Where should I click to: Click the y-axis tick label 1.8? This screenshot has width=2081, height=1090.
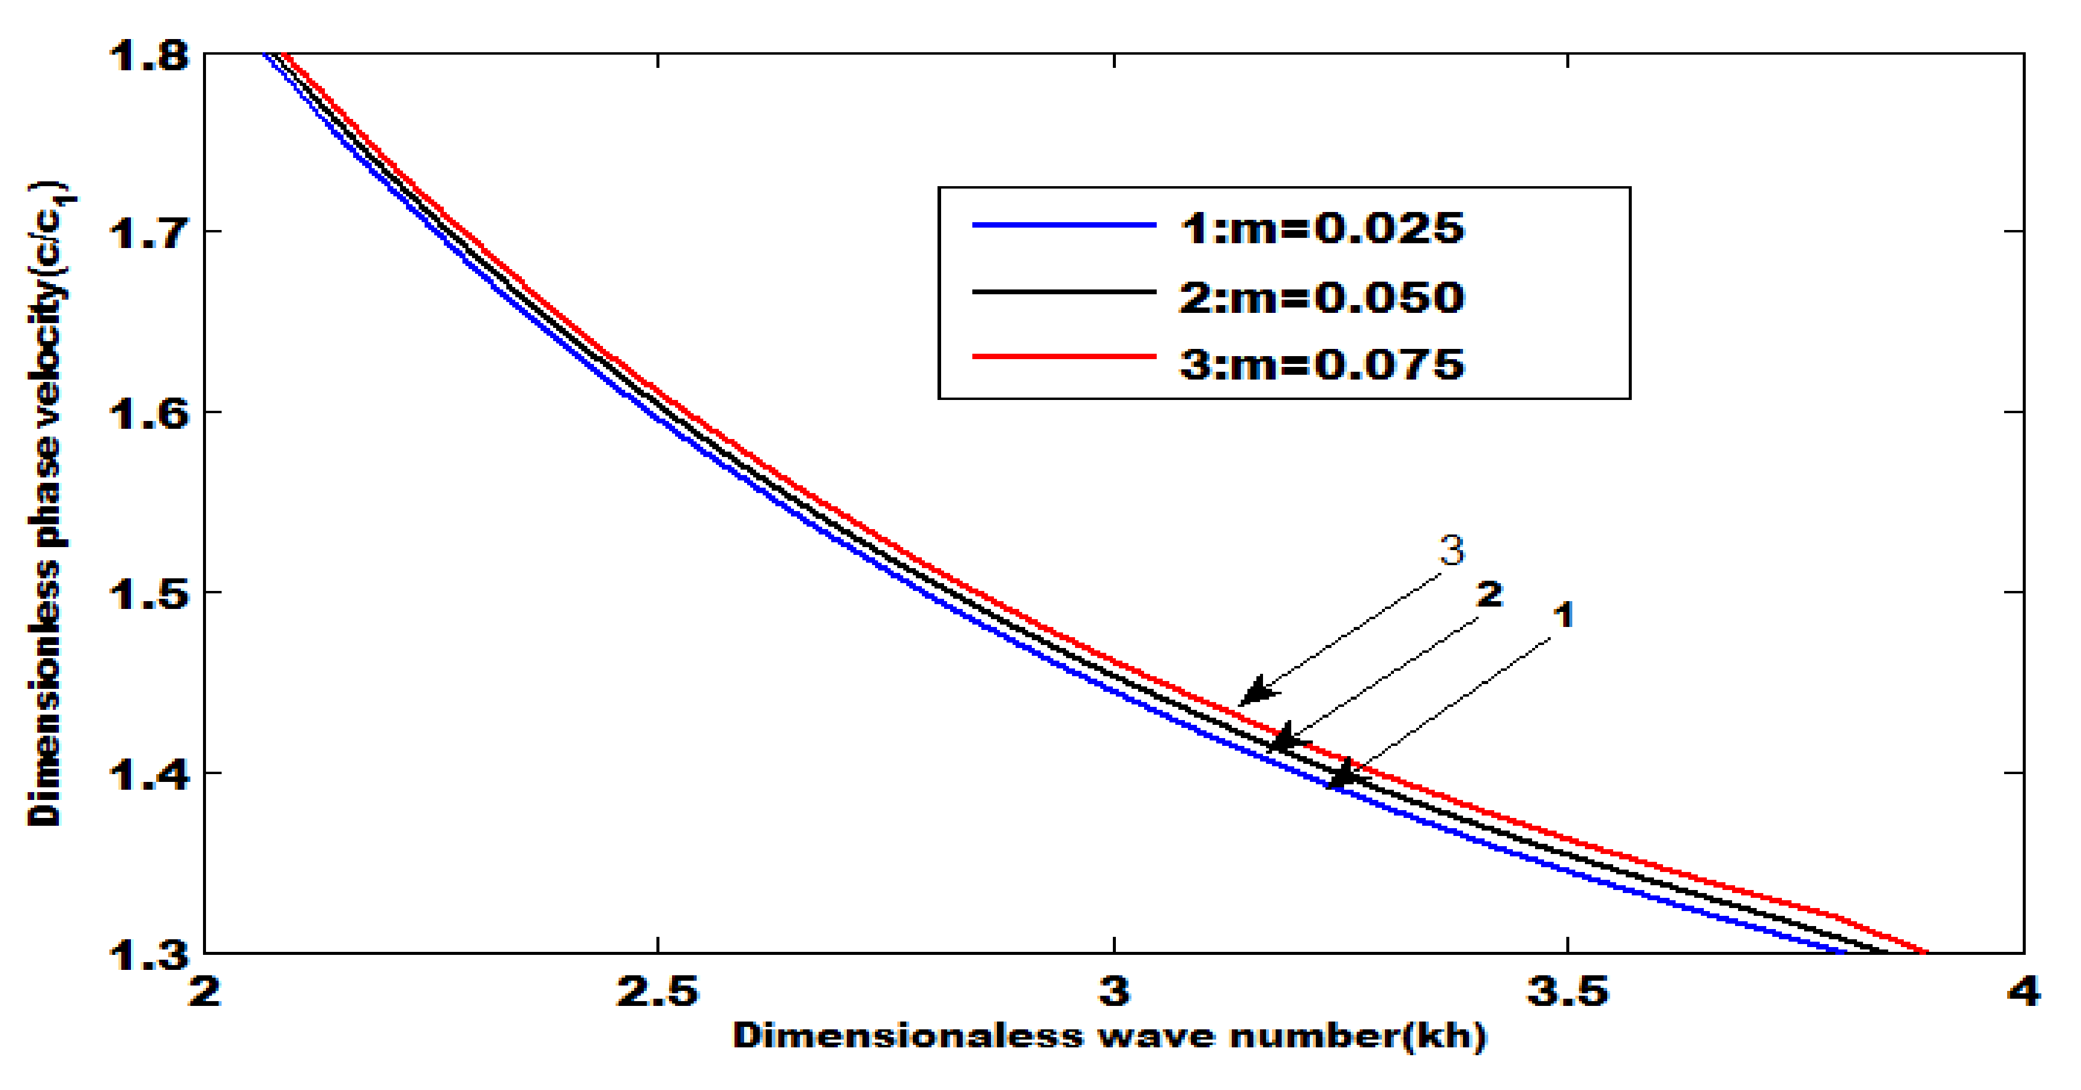149,56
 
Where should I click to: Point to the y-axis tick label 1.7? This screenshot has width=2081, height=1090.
149,234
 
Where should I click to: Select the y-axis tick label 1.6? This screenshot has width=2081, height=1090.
149,414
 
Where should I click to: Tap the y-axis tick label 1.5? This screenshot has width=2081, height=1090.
149,594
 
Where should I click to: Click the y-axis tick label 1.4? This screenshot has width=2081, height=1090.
149,774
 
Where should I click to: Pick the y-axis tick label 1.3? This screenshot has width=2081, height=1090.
149,954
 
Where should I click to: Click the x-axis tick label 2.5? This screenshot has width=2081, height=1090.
658,992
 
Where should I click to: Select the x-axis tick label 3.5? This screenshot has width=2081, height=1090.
1568,992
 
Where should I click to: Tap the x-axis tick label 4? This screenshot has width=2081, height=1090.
2023,992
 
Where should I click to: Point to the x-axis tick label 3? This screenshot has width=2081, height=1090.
1114,992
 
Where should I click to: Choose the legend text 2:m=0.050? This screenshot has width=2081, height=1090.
1322,297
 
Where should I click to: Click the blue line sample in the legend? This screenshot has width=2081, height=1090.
1064,225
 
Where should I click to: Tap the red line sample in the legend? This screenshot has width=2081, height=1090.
1064,356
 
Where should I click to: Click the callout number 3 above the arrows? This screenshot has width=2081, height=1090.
1452,551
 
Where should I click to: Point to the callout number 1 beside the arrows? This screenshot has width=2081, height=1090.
1564,616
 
